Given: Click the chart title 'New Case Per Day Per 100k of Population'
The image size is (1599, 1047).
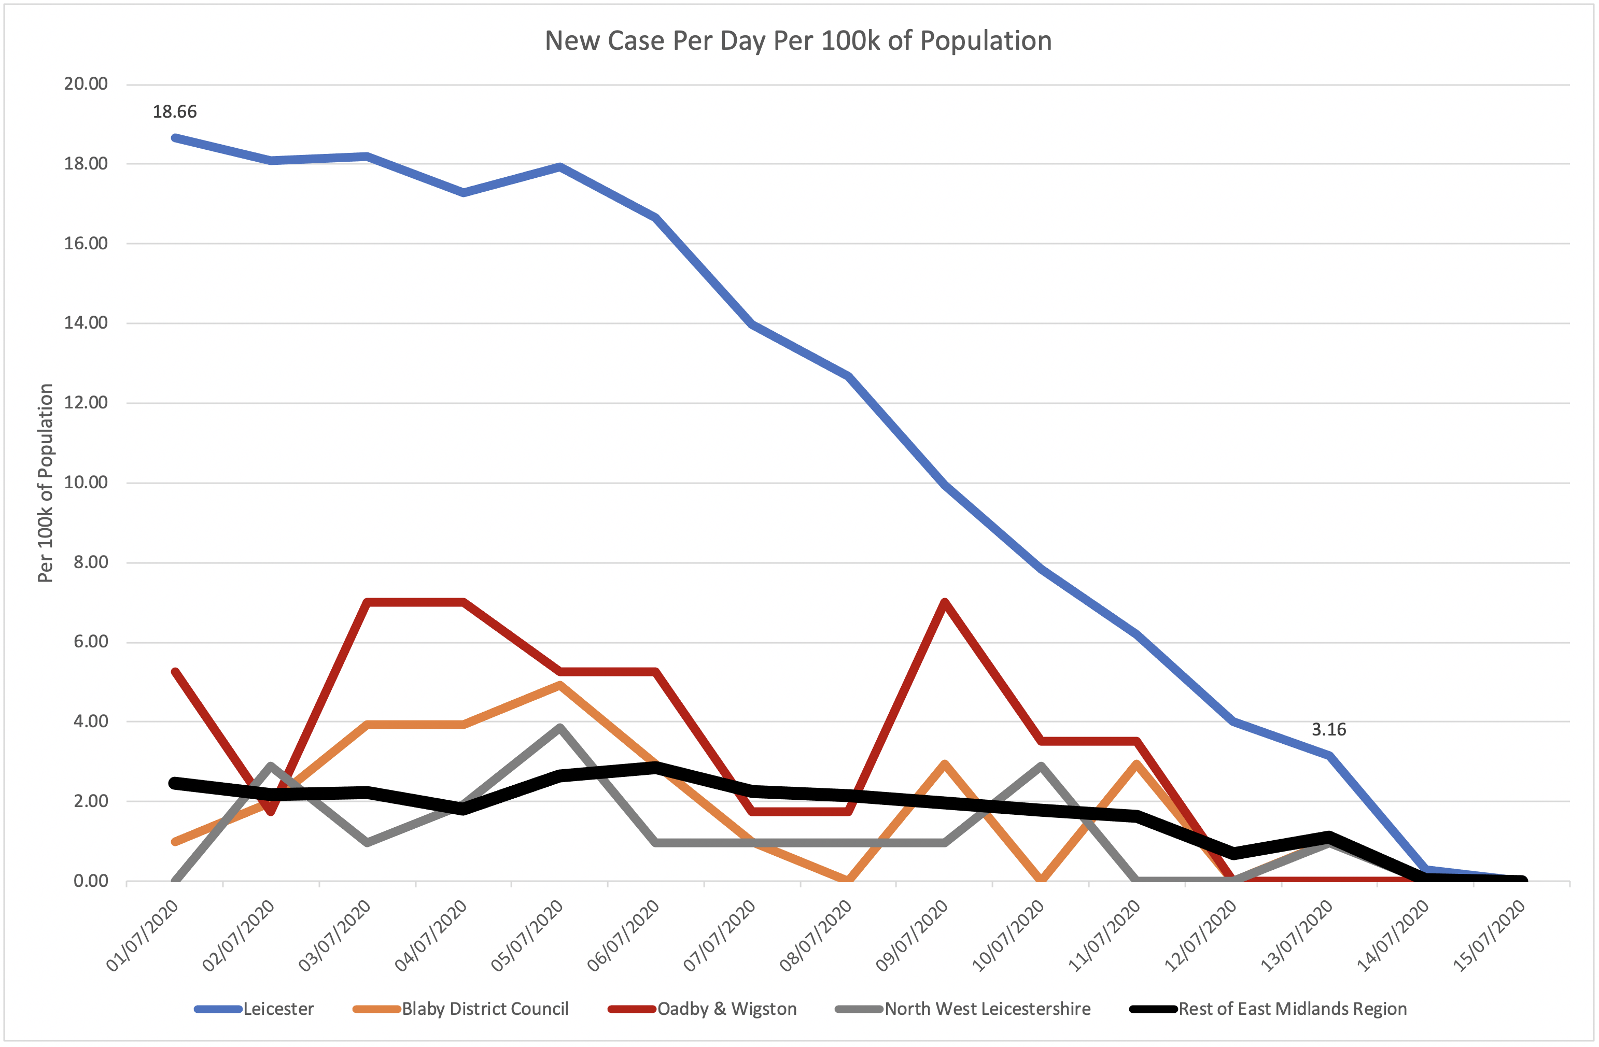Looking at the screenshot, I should pos(797,41).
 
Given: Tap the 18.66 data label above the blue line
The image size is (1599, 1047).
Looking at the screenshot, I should pos(175,111).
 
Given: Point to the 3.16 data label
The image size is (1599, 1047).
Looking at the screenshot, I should pos(1328,729).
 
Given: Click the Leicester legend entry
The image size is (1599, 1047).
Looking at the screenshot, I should pos(278,1009).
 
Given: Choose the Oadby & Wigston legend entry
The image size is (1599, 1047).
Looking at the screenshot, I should pos(726,1009).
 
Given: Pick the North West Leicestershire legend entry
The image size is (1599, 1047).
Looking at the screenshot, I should pos(987,1009).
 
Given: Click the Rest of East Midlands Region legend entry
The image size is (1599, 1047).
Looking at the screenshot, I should pos(1292,1009).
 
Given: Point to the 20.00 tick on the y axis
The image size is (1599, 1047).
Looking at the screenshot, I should pos(86,84).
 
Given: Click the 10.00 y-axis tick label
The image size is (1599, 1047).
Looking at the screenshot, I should pos(86,482).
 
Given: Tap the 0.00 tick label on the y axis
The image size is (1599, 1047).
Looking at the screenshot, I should pos(90,881).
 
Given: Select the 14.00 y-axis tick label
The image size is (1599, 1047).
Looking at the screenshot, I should pos(86,323).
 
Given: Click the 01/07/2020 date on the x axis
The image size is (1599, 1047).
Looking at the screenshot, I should pos(144,935).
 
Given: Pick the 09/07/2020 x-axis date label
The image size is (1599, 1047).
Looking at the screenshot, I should pos(913,935).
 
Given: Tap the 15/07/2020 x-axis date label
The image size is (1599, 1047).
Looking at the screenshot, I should pos(1489,935).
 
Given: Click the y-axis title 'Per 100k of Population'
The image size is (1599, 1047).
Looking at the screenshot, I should pos(45,483).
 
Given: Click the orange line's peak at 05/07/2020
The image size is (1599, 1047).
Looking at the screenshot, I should pos(559,685).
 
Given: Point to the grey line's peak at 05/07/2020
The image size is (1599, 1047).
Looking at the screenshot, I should pos(559,727).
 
